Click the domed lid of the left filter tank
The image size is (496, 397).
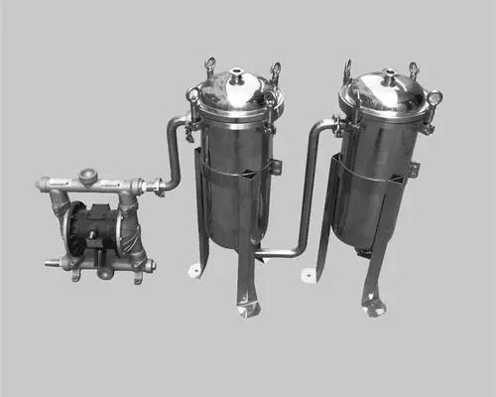(238, 95)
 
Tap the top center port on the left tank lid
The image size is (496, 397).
(238, 73)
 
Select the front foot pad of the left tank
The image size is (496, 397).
(248, 310)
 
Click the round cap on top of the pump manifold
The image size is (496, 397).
(88, 176)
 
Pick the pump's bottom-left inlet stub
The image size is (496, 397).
(51, 264)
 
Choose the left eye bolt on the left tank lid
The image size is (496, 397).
(209, 66)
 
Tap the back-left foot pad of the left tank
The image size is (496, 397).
(195, 270)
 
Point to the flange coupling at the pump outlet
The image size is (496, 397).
(154, 185)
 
